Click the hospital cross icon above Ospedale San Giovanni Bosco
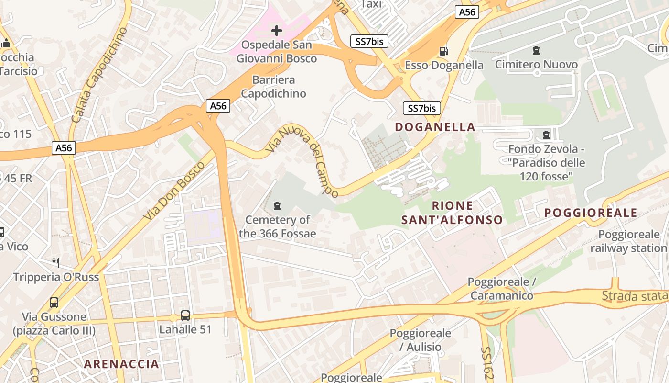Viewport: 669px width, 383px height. (x=276, y=31)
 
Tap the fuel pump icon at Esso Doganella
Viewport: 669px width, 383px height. (x=444, y=51)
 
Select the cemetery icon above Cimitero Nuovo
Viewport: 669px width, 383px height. (x=536, y=50)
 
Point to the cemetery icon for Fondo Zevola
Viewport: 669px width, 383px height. (x=546, y=135)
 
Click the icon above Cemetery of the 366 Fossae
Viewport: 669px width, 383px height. (x=277, y=206)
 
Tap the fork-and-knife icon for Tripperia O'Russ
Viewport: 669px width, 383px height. (x=56, y=262)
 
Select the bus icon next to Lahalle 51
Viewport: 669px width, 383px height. (x=185, y=315)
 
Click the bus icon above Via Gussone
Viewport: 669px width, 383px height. (x=54, y=303)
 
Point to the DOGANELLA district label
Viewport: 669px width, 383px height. (x=435, y=127)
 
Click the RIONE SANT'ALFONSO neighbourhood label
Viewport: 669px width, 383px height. (x=452, y=213)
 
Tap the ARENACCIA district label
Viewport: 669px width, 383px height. (x=121, y=364)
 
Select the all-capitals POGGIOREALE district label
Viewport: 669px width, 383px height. (x=591, y=213)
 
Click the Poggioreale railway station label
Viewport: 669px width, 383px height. (x=628, y=241)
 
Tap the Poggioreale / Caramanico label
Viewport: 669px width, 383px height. (x=501, y=289)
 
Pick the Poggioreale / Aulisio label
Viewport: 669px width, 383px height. (x=420, y=340)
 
